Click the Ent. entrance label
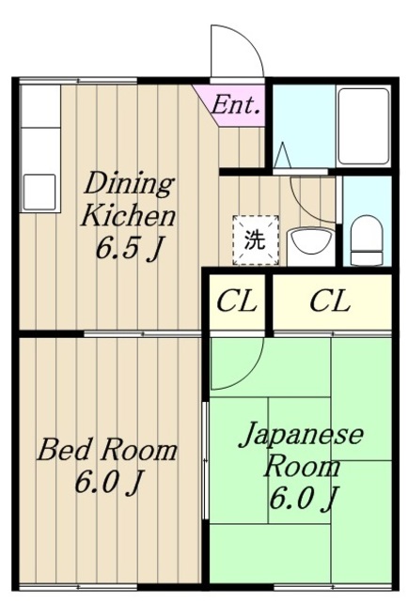236,104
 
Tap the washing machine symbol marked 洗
256,240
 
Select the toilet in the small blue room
367,240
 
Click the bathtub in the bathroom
363,127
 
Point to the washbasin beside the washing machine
309,246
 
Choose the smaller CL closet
236,301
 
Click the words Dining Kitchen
128,199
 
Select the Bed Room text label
107,450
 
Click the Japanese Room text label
302,449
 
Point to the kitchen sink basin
39,192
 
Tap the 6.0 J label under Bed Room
109,482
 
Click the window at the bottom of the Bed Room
78,587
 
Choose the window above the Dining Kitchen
78,81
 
